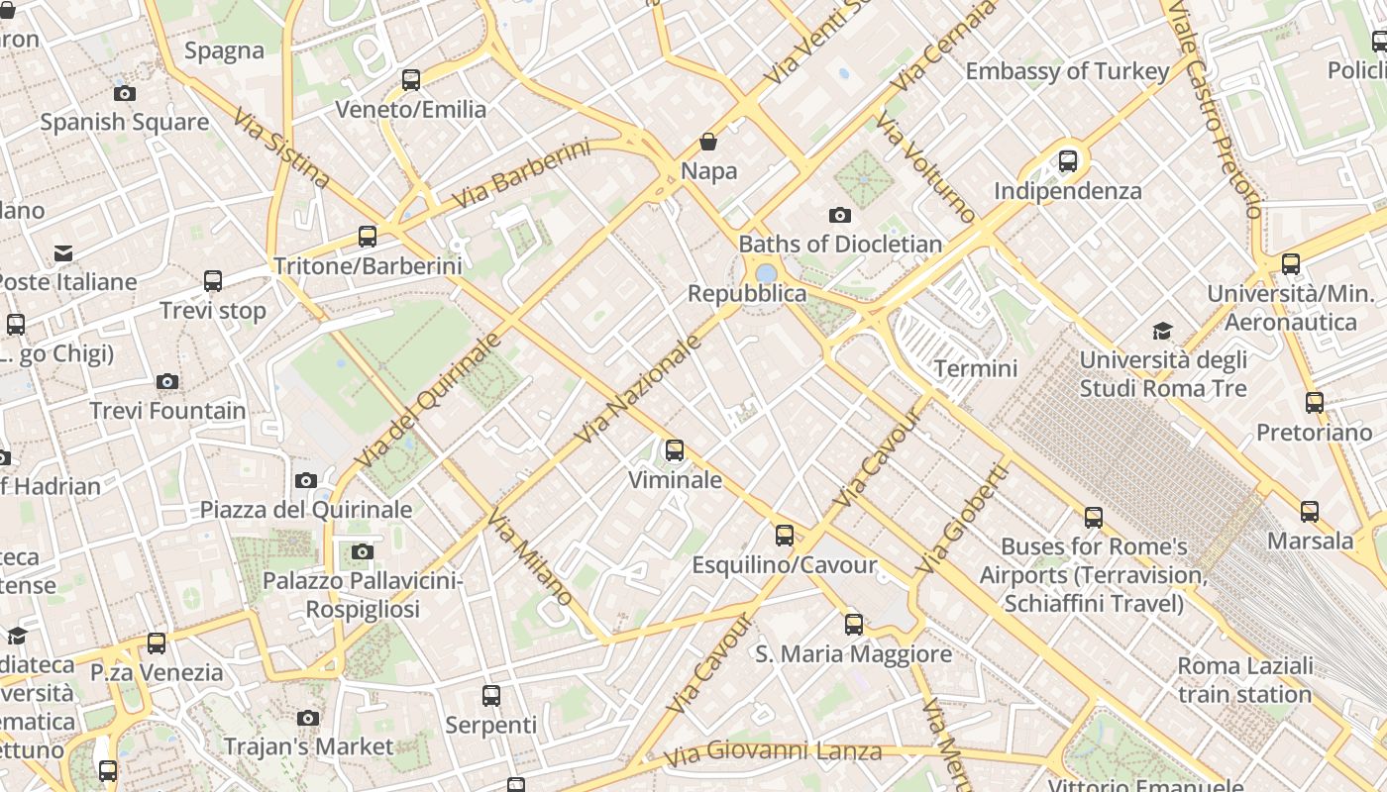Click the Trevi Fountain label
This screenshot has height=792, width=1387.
pyautogui.click(x=167, y=410)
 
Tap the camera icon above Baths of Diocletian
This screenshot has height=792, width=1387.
pyautogui.click(x=839, y=215)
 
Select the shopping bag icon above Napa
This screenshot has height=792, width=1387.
pyautogui.click(x=708, y=142)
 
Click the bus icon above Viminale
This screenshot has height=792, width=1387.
pyautogui.click(x=675, y=450)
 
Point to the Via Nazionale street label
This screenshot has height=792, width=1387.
pyautogui.click(x=638, y=389)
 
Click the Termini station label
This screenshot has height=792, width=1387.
pyautogui.click(x=976, y=368)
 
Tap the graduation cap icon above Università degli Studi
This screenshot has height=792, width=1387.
pyautogui.click(x=1162, y=331)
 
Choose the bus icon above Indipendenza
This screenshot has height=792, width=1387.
pyautogui.click(x=1067, y=160)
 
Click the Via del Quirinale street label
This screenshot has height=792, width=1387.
pyautogui.click(x=428, y=401)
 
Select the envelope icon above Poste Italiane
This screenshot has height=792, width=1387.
pyautogui.click(x=63, y=252)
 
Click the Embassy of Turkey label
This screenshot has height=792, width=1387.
pyautogui.click(x=1067, y=71)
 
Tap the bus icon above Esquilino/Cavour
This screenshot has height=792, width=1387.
pyautogui.click(x=785, y=536)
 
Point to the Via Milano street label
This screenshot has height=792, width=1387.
pyautogui.click(x=530, y=557)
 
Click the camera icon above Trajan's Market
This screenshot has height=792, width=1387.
pyautogui.click(x=308, y=718)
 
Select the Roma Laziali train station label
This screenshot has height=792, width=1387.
pyautogui.click(x=1245, y=679)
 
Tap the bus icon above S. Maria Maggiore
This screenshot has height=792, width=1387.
pyautogui.click(x=853, y=625)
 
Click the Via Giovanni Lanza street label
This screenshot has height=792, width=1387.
pyautogui.click(x=772, y=753)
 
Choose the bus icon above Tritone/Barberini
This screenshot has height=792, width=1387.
pyautogui.click(x=368, y=237)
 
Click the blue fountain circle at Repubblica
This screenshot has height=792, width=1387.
pyautogui.click(x=766, y=272)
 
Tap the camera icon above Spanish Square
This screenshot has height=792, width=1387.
pyautogui.click(x=125, y=93)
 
